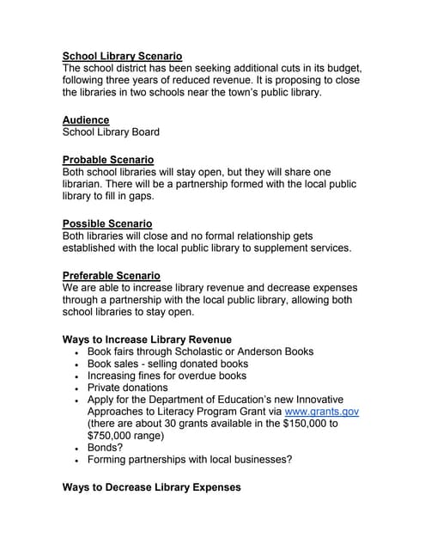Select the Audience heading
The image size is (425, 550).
[86, 120]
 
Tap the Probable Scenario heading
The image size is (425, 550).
[108, 160]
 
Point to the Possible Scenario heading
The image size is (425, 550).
[107, 223]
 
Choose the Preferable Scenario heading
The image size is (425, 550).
[112, 276]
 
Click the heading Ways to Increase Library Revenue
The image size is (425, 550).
[147, 339]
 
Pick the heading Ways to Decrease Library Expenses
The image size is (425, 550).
[151, 487]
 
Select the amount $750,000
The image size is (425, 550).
[112, 436]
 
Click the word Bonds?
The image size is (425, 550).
[105, 448]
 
